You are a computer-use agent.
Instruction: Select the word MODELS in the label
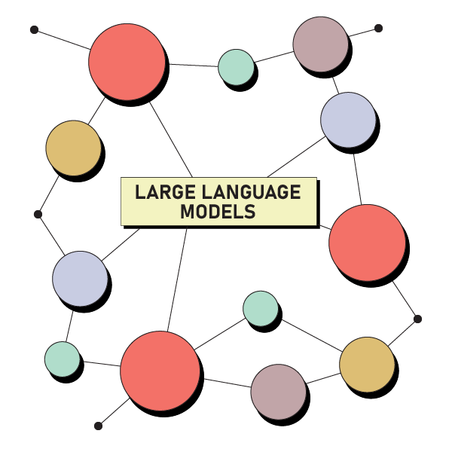click(x=218, y=212)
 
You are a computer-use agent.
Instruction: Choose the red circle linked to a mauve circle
click(x=160, y=370)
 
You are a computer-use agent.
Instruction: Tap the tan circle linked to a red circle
click(x=73, y=148)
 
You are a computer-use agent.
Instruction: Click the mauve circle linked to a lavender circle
click(x=320, y=44)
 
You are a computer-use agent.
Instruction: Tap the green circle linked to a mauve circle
click(x=236, y=67)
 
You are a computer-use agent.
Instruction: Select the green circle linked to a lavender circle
click(x=62, y=359)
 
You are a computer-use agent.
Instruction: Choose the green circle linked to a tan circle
click(x=261, y=307)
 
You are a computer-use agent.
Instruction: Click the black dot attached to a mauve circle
click(x=378, y=29)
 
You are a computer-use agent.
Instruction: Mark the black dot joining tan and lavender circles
click(x=38, y=215)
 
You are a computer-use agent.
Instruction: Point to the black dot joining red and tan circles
click(x=417, y=319)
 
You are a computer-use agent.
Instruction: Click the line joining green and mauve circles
click(x=273, y=57)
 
